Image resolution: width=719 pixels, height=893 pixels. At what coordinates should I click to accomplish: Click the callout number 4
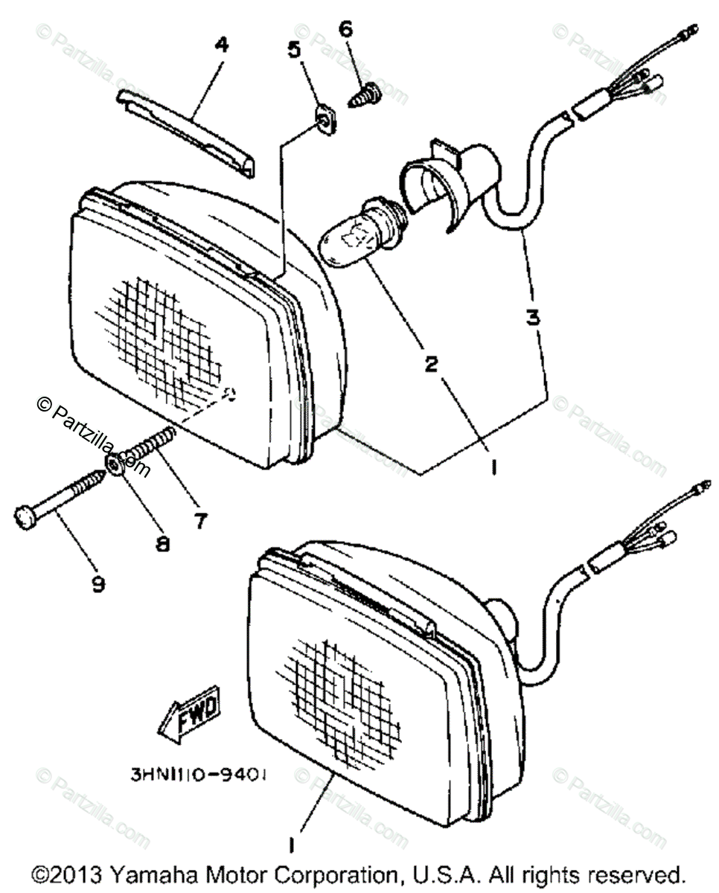click(x=221, y=46)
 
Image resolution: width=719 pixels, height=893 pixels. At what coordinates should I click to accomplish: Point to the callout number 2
click(x=431, y=364)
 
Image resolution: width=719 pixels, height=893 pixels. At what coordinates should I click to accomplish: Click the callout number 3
click(x=533, y=318)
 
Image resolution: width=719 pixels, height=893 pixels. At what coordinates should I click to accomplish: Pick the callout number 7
click(x=199, y=522)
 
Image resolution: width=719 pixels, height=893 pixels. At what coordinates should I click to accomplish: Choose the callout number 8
click(x=162, y=544)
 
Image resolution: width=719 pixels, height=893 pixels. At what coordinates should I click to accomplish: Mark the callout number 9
click(x=98, y=585)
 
